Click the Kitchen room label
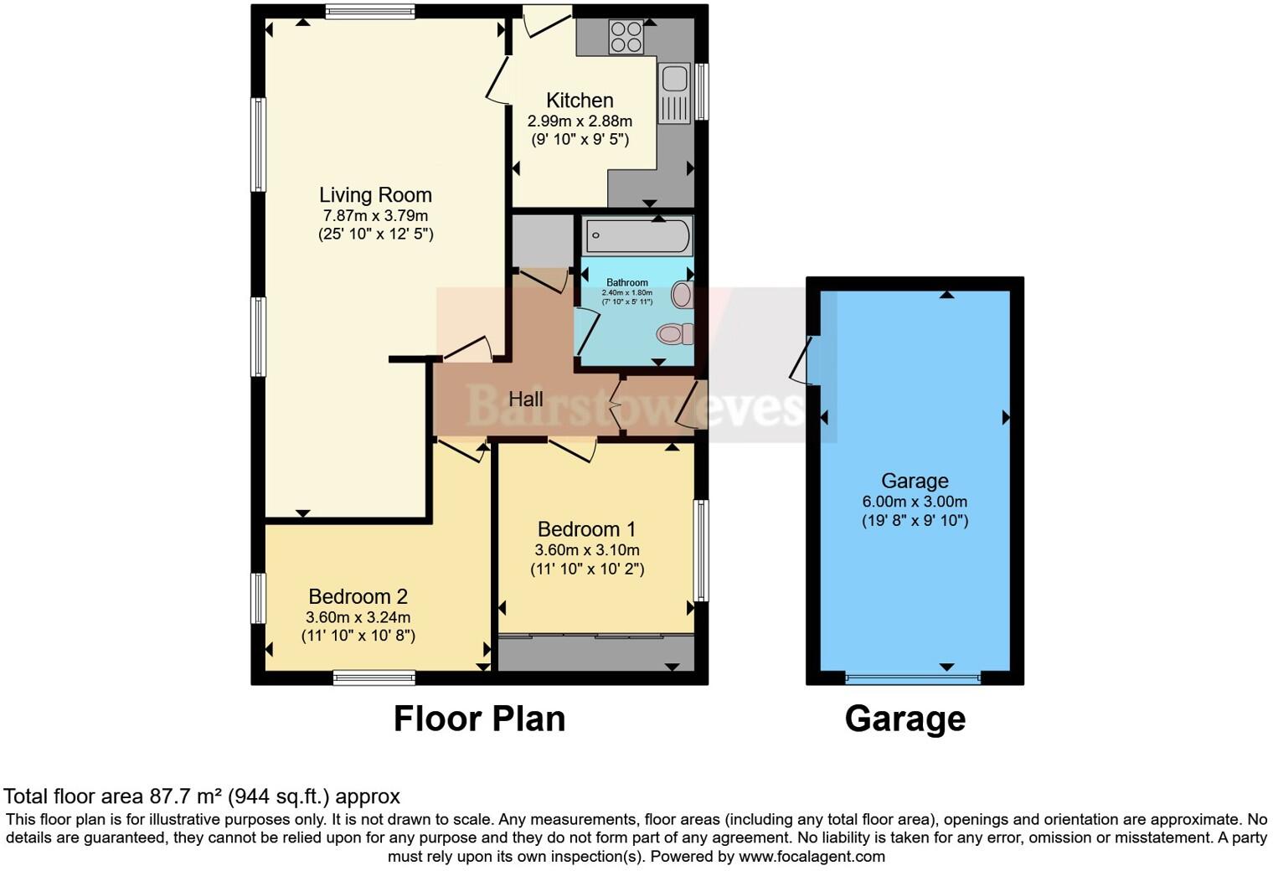tap(580, 100)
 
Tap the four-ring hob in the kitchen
tap(626, 36)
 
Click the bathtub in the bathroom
tap(638, 236)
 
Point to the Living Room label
tap(375, 195)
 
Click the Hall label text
tap(526, 399)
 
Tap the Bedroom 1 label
tap(586, 529)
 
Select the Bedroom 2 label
tap(358, 596)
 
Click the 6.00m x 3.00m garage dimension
tap(915, 502)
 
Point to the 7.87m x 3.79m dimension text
tap(375, 216)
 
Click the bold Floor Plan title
tap(479, 719)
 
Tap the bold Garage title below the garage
tap(904, 719)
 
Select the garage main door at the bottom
tap(912, 677)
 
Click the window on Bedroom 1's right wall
tap(702, 550)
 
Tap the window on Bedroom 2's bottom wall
tap(374, 678)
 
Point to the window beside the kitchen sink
tap(702, 91)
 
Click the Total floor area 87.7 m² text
tap(202, 796)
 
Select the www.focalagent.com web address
tap(811, 856)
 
